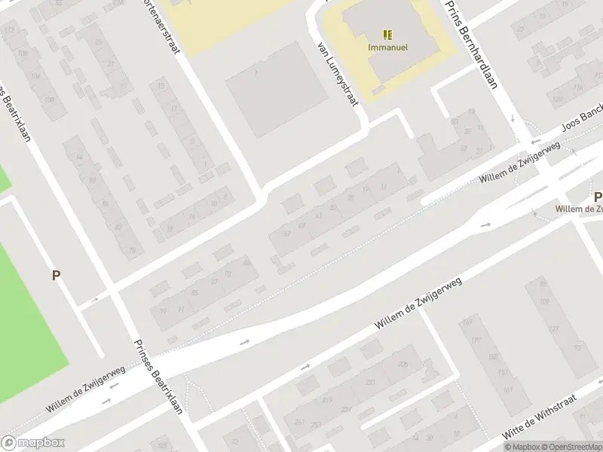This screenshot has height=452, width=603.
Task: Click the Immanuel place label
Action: point(388,47)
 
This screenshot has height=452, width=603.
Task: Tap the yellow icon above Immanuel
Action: point(387,35)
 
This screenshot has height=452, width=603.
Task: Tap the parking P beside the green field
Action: point(56,276)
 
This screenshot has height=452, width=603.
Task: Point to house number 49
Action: point(302,225)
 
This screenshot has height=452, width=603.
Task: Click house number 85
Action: point(195,292)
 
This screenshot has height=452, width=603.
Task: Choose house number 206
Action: point(403,365)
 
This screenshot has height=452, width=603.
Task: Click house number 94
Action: point(78,157)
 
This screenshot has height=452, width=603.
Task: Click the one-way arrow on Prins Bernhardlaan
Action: point(512,118)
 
